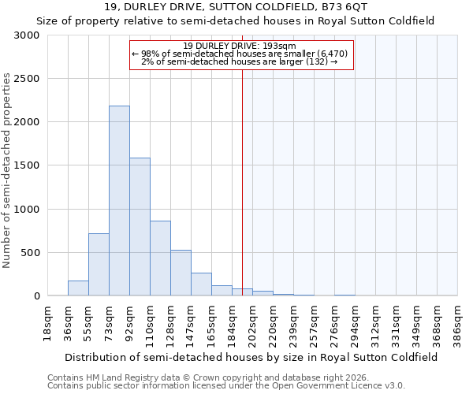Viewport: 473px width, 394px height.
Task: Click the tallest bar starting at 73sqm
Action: (119, 201)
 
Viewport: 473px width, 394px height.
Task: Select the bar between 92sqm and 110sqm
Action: (140, 227)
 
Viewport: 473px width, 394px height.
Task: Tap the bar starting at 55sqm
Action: (99, 265)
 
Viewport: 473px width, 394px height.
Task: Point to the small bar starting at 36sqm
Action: (78, 288)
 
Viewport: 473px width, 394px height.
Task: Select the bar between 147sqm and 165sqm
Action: (201, 284)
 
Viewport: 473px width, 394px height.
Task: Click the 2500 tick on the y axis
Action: (30, 79)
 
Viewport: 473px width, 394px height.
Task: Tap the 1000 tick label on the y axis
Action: (30, 210)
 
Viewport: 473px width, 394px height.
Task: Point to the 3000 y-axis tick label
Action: (30, 35)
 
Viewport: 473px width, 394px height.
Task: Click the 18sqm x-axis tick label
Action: (48, 322)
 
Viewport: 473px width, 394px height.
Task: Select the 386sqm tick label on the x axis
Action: (458, 322)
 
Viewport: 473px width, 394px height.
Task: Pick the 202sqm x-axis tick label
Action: (253, 322)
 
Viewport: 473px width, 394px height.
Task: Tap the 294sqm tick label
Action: (356, 322)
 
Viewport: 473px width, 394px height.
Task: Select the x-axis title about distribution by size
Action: (252, 357)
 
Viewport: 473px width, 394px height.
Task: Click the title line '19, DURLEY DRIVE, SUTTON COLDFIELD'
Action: (236, 7)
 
